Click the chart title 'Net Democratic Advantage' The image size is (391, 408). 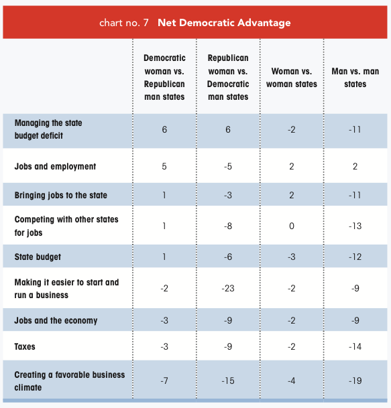[224, 23]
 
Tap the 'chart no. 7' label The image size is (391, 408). [123, 23]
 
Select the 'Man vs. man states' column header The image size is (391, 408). [355, 78]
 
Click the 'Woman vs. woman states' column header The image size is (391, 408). [292, 78]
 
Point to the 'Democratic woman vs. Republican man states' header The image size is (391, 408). [164, 77]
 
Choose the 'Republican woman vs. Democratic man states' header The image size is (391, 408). [228, 77]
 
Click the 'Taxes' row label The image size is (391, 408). [25, 346]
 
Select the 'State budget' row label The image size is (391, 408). [38, 257]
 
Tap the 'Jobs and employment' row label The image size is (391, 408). [55, 166]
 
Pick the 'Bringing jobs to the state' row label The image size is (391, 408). [60, 195]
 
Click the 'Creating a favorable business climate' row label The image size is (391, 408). [70, 381]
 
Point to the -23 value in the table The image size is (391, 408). [228, 288]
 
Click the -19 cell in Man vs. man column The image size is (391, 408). [355, 381]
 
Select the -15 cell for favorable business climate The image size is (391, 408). [228, 381]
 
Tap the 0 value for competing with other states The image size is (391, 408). [292, 226]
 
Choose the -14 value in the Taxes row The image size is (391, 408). [355, 346]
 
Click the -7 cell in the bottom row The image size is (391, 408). [164, 381]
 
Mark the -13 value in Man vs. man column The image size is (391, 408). [355, 226]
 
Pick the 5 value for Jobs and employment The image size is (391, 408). [164, 166]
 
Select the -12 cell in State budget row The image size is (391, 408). [355, 257]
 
